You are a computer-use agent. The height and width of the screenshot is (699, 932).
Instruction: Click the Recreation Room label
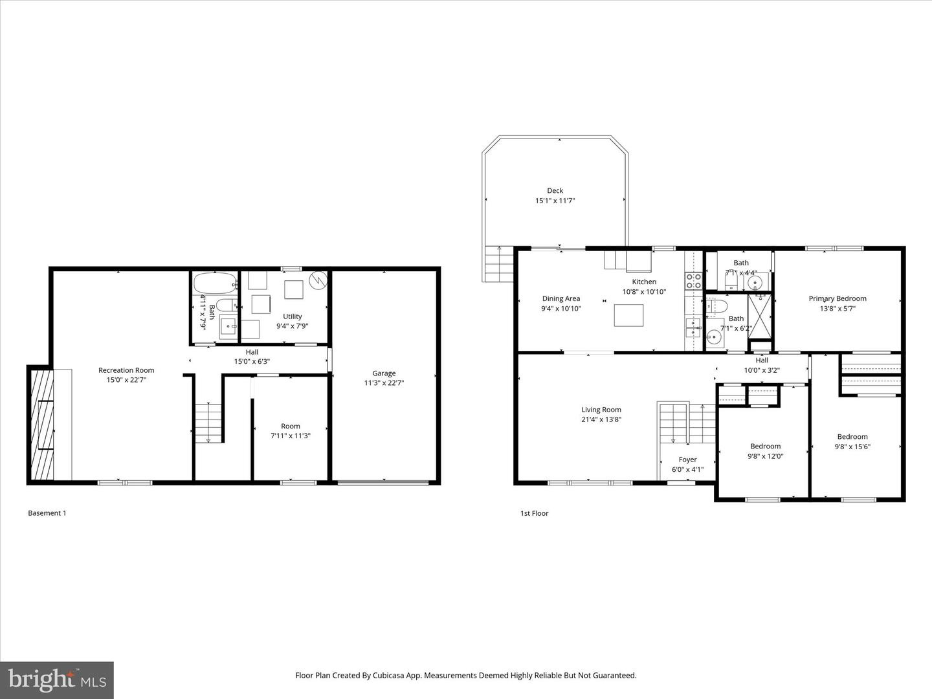pos(126,370)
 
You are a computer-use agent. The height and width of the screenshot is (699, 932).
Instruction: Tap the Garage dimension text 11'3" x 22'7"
pos(384,383)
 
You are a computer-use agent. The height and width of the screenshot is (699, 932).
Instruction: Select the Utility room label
pos(292,316)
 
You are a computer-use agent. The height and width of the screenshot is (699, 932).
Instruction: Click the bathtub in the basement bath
pos(216,283)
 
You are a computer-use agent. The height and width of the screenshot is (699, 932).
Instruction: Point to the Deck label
pos(555,190)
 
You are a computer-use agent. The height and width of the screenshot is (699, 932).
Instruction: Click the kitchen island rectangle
pos(628,315)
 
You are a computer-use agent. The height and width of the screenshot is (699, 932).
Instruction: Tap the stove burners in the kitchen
pos(693,281)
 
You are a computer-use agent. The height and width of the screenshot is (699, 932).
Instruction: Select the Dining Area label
pos(560,298)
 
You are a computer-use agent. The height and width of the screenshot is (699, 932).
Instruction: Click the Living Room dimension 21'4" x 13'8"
pos(601,419)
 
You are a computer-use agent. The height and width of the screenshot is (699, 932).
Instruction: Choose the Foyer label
pos(687,460)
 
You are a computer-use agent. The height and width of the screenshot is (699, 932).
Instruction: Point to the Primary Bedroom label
pos(837,298)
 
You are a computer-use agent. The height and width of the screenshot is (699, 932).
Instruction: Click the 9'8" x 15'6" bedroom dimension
pos(852,446)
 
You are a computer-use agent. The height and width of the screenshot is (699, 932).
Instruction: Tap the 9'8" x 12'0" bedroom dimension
pos(765,456)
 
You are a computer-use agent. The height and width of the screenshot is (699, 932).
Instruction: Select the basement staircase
pos(208,423)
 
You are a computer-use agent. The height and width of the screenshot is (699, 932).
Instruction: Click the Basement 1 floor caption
pos(47,513)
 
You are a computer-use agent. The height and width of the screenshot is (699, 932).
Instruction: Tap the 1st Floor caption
pos(534,513)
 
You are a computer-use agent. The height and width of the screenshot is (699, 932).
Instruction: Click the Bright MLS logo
pos(57,680)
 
